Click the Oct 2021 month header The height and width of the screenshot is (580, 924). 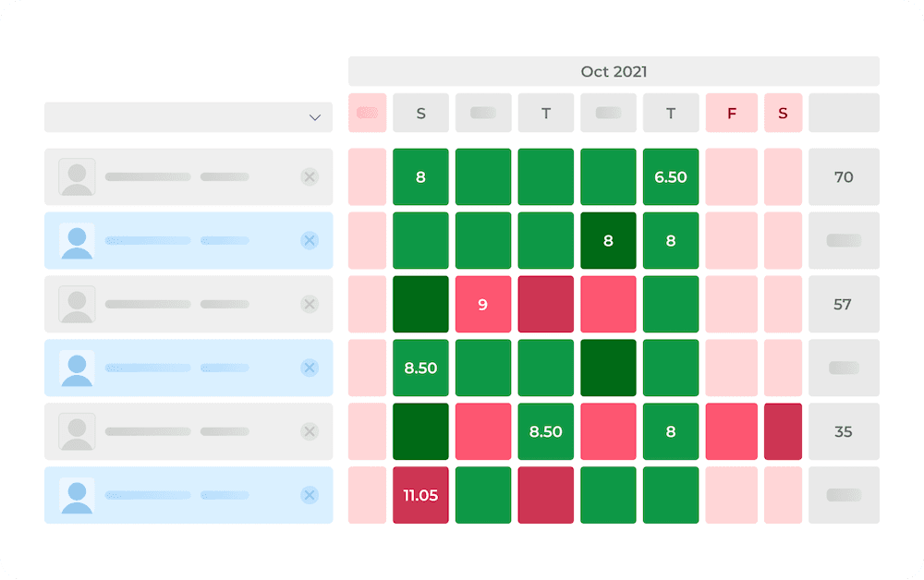(x=614, y=71)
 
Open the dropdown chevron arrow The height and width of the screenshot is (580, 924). (x=315, y=117)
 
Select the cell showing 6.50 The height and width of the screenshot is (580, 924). (x=671, y=177)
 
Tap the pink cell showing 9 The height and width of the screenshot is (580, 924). (x=483, y=304)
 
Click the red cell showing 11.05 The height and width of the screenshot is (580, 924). (x=420, y=495)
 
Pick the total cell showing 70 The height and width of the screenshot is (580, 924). (x=844, y=177)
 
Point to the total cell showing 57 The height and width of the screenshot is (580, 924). (x=844, y=304)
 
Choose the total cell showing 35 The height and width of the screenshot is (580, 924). (x=844, y=431)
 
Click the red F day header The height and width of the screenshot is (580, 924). (x=732, y=114)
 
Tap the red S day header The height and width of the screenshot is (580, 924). (x=784, y=114)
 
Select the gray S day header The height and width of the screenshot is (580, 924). (x=420, y=114)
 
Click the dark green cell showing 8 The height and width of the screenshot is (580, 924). (x=608, y=240)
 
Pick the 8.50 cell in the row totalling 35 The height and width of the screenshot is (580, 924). (x=546, y=431)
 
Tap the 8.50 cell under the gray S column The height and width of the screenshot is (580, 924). (x=420, y=368)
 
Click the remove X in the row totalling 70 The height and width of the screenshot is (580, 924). (x=310, y=177)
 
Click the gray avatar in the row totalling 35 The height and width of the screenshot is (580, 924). (x=78, y=431)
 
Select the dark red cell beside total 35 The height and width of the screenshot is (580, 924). (x=784, y=431)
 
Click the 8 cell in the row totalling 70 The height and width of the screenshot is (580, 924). (x=420, y=177)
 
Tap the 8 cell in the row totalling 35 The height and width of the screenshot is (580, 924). (x=671, y=431)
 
